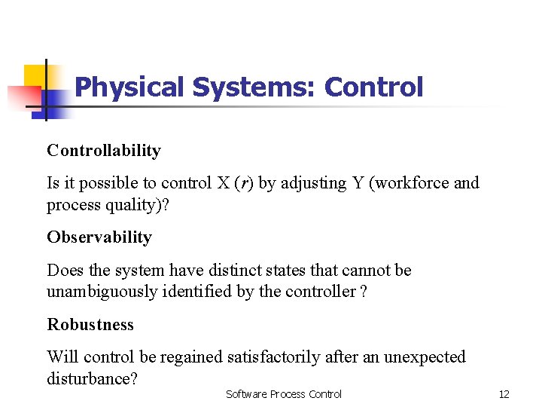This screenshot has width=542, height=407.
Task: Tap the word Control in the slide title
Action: [374, 87]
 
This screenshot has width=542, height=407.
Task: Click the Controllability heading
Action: [104, 151]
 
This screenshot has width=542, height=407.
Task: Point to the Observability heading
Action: [99, 237]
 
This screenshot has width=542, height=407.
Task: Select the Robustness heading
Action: [90, 325]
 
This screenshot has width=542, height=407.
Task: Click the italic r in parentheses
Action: [242, 183]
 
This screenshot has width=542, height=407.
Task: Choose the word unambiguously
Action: [102, 292]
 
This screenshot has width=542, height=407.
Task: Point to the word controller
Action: [320, 292]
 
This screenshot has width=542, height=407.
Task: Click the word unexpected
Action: [425, 357]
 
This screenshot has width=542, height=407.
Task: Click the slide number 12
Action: [504, 394]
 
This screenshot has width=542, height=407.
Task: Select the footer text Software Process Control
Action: [284, 394]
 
